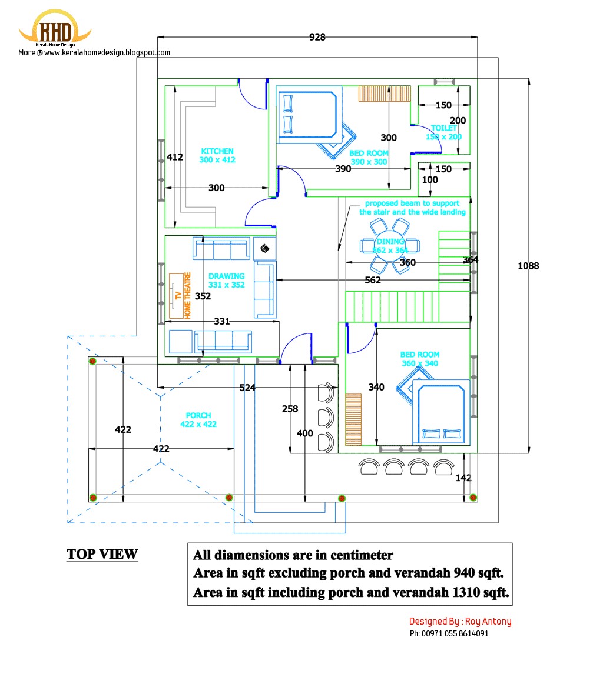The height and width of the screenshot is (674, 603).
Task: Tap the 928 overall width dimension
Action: (x=317, y=37)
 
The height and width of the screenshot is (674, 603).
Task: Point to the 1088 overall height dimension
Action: (x=528, y=266)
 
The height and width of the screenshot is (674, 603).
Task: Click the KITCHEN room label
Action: (x=217, y=151)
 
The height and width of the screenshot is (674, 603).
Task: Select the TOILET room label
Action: (x=443, y=128)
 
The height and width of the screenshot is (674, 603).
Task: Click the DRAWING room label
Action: (x=226, y=276)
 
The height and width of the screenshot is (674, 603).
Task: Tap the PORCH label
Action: (x=198, y=415)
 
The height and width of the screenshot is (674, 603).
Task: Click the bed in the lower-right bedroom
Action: (x=441, y=412)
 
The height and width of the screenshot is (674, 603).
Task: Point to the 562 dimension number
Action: (x=373, y=281)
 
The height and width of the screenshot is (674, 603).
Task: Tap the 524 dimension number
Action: (x=248, y=388)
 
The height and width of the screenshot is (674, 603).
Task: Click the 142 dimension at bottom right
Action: (x=463, y=478)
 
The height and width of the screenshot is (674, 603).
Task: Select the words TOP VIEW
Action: (x=102, y=554)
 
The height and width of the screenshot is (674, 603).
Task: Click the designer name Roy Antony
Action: (x=487, y=621)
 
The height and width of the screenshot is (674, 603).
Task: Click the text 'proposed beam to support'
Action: (x=412, y=203)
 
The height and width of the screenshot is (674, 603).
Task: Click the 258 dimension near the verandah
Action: (x=290, y=409)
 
